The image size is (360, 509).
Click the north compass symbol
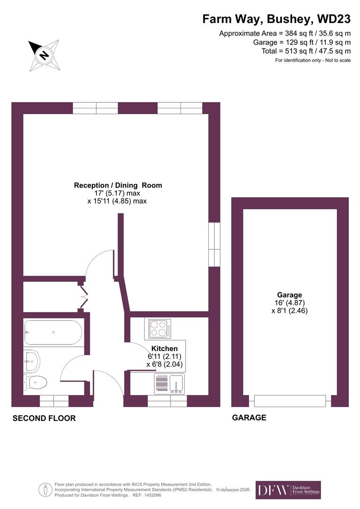[x=43, y=56]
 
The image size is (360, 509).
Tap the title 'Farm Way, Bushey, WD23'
[x=276, y=19]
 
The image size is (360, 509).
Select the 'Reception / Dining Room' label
[x=118, y=185]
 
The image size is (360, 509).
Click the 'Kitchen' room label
[x=164, y=349]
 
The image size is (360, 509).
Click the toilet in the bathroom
[x=36, y=382]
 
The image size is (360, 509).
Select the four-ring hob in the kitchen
[x=160, y=328]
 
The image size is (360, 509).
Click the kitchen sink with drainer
[x=169, y=384]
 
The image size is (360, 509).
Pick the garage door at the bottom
[x=290, y=401]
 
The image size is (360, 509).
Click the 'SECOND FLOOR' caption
[x=44, y=418]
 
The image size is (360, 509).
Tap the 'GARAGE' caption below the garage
[x=249, y=418]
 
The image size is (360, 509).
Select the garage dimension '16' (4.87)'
[x=289, y=303]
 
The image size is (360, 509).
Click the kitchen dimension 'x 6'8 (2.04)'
[x=164, y=364]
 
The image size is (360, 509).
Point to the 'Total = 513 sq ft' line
[x=306, y=51]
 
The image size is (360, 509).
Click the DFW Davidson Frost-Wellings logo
[x=288, y=490]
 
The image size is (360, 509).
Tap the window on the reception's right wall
[x=214, y=243]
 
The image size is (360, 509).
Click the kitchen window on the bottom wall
[x=167, y=401]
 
